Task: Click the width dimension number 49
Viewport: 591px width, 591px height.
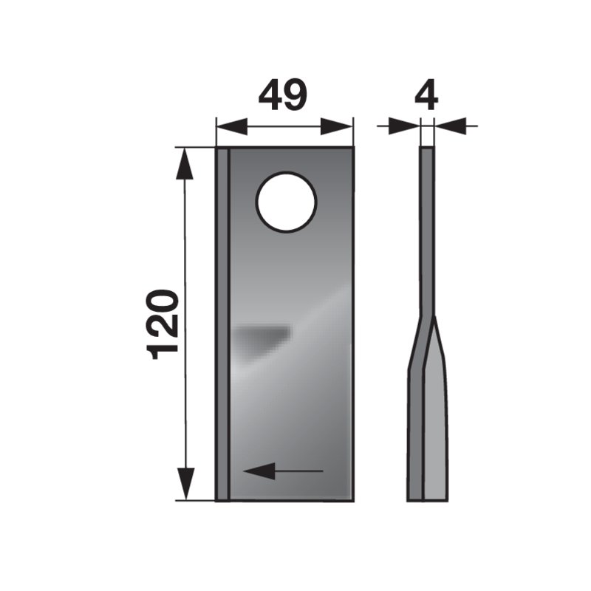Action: (x=283, y=95)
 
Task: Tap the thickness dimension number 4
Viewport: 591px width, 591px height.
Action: (x=426, y=95)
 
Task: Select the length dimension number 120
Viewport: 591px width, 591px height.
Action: (x=163, y=324)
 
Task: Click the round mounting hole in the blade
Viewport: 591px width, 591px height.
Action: (x=286, y=202)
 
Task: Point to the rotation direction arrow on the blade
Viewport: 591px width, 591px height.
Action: (x=283, y=471)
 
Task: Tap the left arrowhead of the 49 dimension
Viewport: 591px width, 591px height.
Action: (x=232, y=126)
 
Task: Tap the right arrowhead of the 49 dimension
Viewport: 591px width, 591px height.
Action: (x=336, y=126)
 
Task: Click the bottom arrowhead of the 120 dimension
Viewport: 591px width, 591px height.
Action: (x=185, y=484)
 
